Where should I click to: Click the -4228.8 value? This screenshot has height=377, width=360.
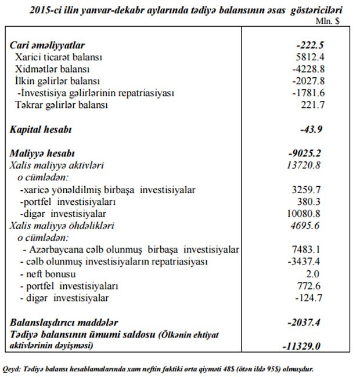pos(307,69)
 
